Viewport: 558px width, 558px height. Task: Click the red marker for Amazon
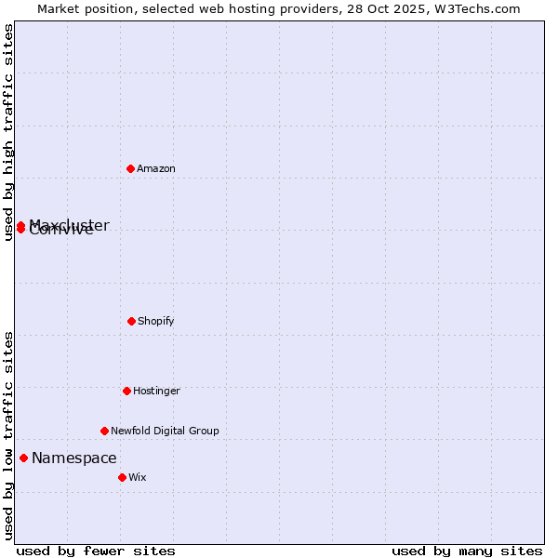point(131,168)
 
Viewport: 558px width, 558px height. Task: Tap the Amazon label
point(156,169)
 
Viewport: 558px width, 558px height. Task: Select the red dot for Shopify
point(131,321)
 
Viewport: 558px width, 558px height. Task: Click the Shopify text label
point(156,322)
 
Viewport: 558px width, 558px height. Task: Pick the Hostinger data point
point(126,391)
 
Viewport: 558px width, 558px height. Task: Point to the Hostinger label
point(156,392)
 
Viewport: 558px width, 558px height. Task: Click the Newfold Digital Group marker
point(104,431)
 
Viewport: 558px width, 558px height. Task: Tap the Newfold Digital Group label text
point(165,432)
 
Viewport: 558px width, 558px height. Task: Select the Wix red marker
point(122,477)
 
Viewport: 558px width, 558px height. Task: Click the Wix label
point(138,478)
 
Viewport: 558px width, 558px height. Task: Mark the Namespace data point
point(23,458)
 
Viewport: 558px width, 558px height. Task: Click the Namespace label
point(74,458)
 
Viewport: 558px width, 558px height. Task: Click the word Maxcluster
point(71,224)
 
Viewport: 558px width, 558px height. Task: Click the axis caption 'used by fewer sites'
point(96,551)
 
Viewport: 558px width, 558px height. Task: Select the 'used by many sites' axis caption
point(467,551)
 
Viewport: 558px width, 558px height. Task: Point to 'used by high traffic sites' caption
point(8,132)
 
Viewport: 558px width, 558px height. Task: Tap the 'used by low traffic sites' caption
point(8,435)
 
